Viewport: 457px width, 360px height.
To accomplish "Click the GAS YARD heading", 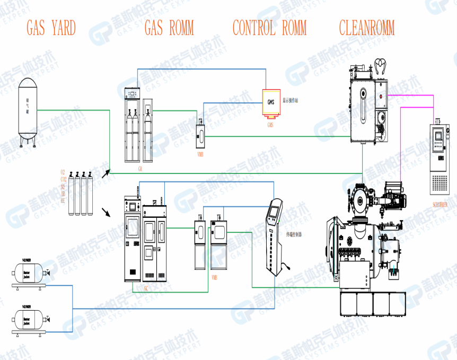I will pyautogui.click(x=51, y=28).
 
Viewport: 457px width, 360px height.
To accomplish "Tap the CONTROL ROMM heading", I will pyautogui.click(x=269, y=28).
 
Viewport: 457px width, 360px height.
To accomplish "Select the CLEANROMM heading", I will pyautogui.click(x=367, y=28).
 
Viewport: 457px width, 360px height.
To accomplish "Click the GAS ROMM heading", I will pyautogui.click(x=169, y=28).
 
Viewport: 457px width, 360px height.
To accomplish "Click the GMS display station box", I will pyautogui.click(x=270, y=102).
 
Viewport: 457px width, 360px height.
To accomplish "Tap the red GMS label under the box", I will pyautogui.click(x=270, y=125).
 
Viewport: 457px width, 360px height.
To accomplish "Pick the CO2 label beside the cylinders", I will pyautogui.click(x=63, y=180).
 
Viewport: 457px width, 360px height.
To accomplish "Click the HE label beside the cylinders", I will pyautogui.click(x=63, y=201).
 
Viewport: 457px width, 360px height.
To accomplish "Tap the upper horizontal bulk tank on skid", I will pyautogui.click(x=27, y=275).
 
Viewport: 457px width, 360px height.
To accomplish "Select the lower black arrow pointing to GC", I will pyautogui.click(x=107, y=213).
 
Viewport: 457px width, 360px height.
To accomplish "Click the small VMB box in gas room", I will pyautogui.click(x=200, y=136).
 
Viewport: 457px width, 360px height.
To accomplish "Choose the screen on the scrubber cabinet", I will pyautogui.click(x=438, y=136).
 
